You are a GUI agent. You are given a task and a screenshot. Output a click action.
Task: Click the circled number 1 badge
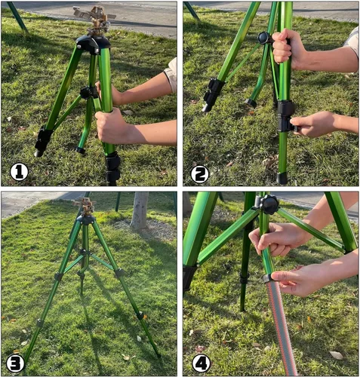click(19, 172)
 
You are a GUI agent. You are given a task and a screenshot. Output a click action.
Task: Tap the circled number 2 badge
click(200, 174)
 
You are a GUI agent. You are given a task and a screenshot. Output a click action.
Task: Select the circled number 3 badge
click(16, 363)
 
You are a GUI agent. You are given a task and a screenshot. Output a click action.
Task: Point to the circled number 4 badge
click(202, 363)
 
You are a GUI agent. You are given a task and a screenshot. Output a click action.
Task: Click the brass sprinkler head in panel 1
click(96, 20)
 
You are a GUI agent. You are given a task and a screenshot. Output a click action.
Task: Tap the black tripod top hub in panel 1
click(93, 44)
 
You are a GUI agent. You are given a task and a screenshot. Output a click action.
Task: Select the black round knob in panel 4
click(269, 204)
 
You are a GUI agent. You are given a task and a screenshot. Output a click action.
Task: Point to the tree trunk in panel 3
click(140, 210)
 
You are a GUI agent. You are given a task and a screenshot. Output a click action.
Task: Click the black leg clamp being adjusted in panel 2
click(286, 116)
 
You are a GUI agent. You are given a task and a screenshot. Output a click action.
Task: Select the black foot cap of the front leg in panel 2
click(282, 178)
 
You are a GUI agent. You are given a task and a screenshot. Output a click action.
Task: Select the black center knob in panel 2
click(264, 38)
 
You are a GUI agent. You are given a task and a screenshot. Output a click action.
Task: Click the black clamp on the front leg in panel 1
click(112, 168)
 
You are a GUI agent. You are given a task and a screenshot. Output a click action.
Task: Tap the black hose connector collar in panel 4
click(268, 278)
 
